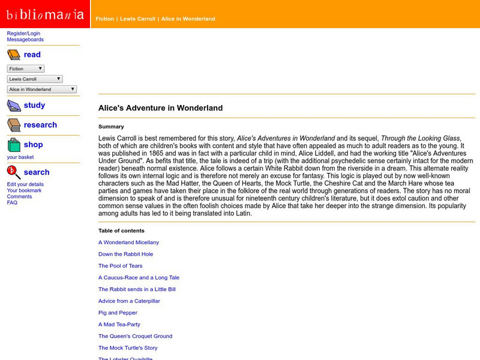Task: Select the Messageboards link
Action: click(25, 40)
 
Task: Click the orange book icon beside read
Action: click(14, 55)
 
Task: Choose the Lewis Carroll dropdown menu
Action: click(35, 79)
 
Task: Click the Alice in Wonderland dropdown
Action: click(42, 89)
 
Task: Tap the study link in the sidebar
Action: click(34, 105)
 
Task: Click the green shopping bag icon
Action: click(14, 145)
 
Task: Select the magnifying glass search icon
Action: click(14, 173)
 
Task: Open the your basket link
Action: click(20, 157)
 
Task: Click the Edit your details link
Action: click(25, 184)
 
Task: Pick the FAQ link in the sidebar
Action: click(12, 203)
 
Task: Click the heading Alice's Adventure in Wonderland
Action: click(160, 108)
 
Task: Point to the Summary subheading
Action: click(111, 127)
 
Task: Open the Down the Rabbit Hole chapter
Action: click(125, 254)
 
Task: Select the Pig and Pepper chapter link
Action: click(118, 313)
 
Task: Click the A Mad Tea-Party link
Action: click(120, 325)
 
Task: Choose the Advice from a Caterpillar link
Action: click(129, 301)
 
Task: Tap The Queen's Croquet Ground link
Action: click(135, 336)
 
